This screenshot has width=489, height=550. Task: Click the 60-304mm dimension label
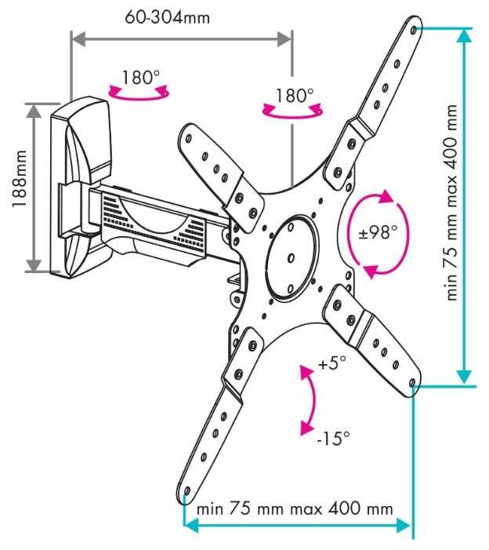pos(168,16)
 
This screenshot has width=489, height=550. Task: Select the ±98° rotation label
pos(378,232)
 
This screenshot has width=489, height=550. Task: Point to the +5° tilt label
pos(331,362)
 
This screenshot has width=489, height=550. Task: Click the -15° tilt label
pos(333,437)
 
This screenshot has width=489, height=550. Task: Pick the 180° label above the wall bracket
pos(140,77)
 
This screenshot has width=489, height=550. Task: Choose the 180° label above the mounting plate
pos(295,96)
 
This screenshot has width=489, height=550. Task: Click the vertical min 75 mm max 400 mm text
pos(452,202)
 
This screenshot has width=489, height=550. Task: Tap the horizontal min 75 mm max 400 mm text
pos(295,509)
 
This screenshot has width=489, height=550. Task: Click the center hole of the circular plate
pos(291,258)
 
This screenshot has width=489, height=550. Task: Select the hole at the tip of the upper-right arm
pos(414,30)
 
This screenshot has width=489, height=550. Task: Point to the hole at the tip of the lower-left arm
pos(187,490)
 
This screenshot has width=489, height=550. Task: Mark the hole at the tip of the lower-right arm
pos(412,382)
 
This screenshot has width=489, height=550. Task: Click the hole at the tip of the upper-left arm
pos(189,138)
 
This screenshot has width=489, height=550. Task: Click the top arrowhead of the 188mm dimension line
pos(34,111)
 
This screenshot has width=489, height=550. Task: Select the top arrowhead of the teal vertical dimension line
pos(465,35)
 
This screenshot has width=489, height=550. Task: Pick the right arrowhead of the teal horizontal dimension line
pos(404,525)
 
